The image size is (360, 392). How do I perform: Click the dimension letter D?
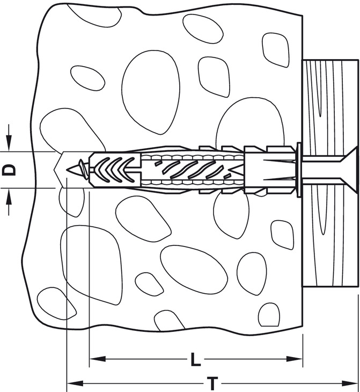tap(9, 170)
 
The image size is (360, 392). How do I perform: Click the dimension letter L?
tap(196, 359)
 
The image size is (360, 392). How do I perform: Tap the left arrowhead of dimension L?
tap(98, 359)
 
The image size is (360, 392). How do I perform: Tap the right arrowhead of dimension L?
tap(295, 359)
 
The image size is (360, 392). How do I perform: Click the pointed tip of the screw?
tap(68, 170)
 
